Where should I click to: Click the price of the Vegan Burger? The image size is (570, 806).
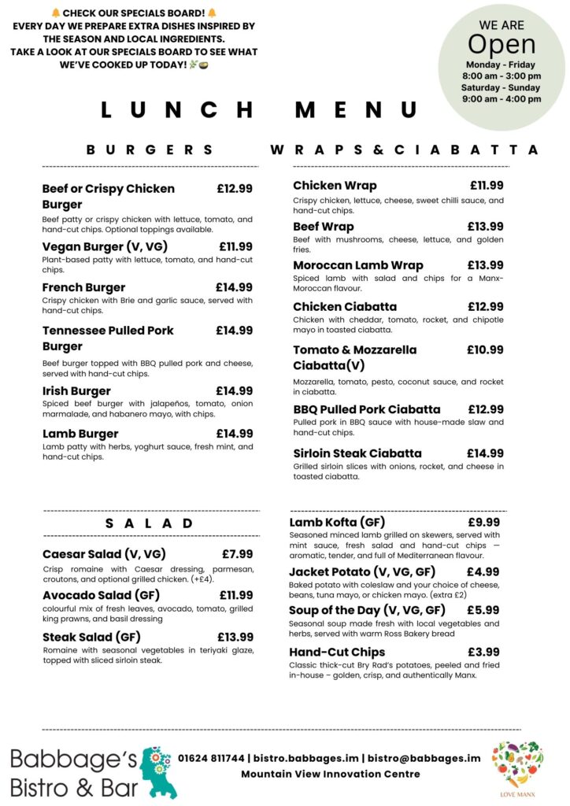(x=235, y=246)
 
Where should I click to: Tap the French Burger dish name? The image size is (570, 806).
(x=83, y=287)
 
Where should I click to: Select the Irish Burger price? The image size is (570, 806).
(x=234, y=390)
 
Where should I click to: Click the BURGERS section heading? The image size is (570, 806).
(x=150, y=150)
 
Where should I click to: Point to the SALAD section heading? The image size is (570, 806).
(x=150, y=523)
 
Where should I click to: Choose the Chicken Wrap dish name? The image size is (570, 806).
(x=335, y=186)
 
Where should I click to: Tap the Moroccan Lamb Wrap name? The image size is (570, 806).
(x=358, y=265)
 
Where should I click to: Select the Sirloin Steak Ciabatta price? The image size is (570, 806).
(x=485, y=453)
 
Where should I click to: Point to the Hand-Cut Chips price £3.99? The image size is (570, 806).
(x=483, y=652)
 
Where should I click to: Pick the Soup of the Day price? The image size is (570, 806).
(x=483, y=610)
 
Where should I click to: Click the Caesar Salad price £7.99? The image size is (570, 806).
(x=237, y=554)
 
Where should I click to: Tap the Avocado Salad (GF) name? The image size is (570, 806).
(x=102, y=595)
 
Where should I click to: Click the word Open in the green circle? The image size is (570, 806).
(x=502, y=44)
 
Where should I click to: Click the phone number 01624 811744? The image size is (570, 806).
(x=211, y=758)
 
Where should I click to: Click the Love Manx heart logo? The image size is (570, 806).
(x=517, y=764)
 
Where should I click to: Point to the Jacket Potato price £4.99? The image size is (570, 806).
(x=483, y=572)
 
